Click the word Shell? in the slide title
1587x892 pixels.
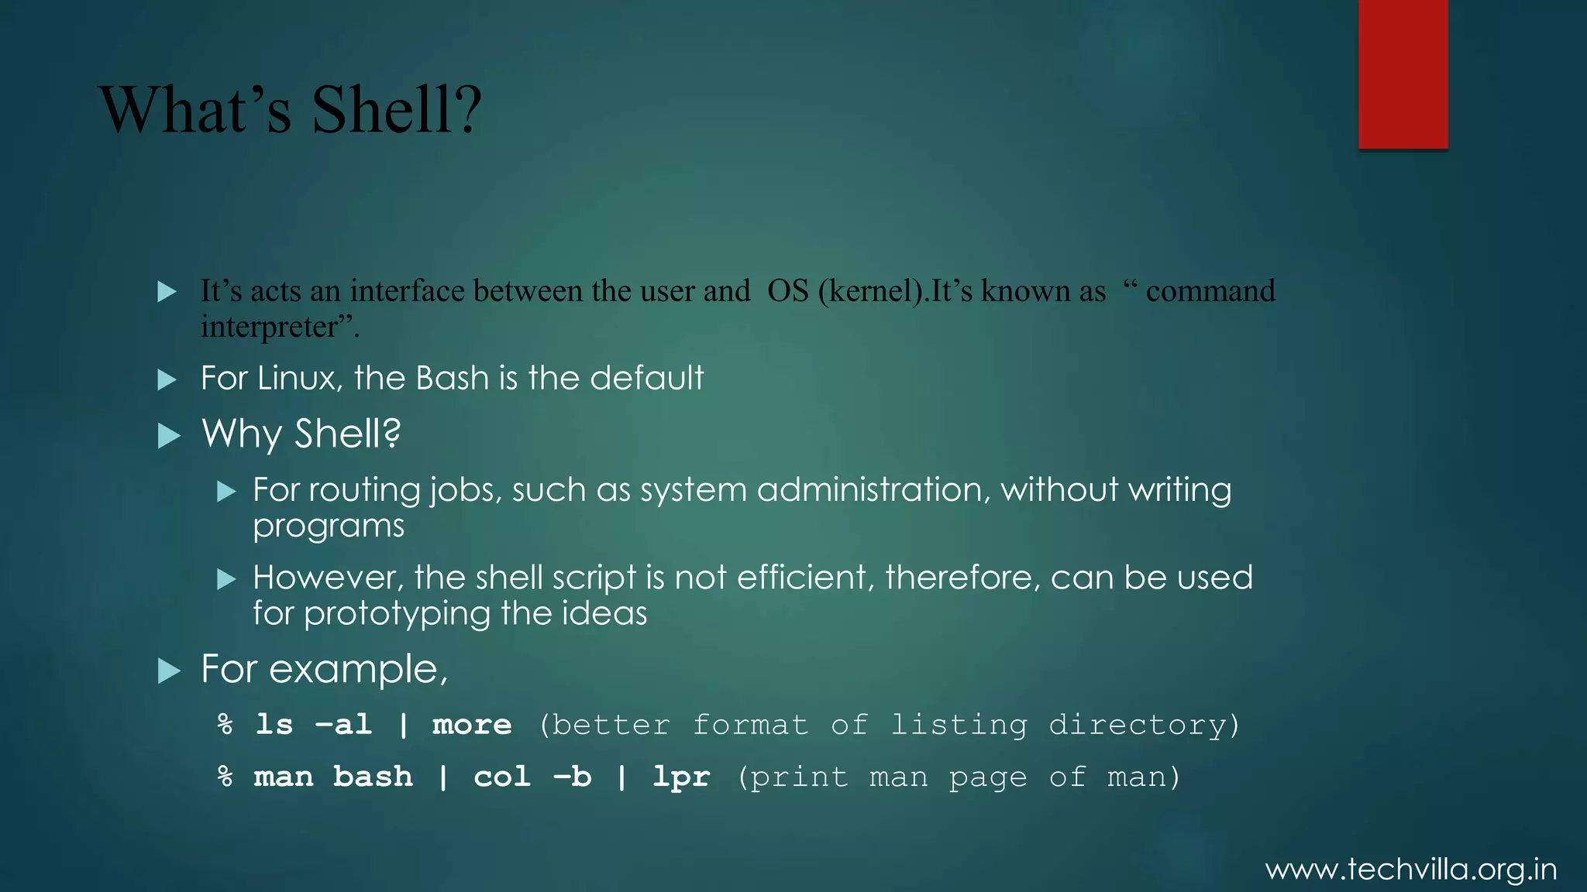click(x=397, y=110)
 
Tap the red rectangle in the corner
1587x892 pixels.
click(x=1403, y=74)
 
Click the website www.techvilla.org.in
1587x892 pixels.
click(x=1410, y=870)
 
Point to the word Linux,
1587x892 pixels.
click(x=300, y=379)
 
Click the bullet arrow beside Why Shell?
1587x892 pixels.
click(x=169, y=436)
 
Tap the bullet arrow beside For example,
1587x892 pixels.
click(x=169, y=671)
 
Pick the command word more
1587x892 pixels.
click(x=472, y=726)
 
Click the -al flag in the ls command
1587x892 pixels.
click(x=343, y=726)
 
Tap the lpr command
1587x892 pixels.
click(x=681, y=777)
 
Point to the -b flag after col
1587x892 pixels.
click(x=572, y=777)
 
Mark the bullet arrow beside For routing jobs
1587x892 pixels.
click(x=226, y=492)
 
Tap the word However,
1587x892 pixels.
click(x=328, y=578)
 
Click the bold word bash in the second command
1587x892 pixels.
click(x=373, y=777)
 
